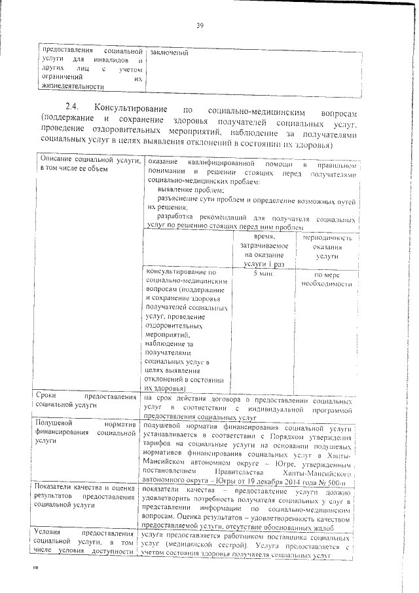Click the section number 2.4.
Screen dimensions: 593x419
[x=73, y=109]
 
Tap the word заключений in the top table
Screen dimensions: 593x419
[x=168, y=52]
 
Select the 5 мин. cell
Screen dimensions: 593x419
[x=262, y=273]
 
